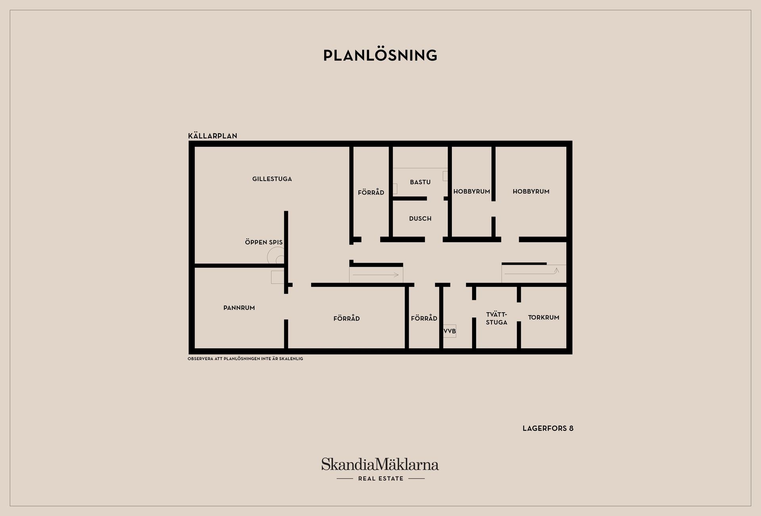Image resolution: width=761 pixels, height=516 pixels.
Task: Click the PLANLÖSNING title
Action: (x=380, y=55)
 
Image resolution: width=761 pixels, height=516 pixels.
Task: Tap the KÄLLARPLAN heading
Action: (x=212, y=136)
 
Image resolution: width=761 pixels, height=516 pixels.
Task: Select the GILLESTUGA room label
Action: (x=272, y=179)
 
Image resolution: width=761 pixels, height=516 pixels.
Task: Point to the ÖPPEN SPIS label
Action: (x=264, y=242)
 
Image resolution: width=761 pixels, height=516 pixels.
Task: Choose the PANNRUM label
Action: (x=239, y=308)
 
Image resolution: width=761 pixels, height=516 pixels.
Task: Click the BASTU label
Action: (x=420, y=182)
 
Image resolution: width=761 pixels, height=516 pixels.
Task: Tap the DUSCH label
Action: (x=420, y=218)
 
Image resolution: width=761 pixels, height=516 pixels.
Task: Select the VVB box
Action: (x=449, y=331)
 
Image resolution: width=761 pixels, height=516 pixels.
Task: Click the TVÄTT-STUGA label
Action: (x=497, y=318)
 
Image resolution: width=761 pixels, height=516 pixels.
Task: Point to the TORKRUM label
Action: (x=543, y=317)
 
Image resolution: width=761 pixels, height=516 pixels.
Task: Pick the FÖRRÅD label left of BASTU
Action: (x=371, y=192)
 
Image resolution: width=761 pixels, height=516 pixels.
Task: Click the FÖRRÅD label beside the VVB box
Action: (x=424, y=318)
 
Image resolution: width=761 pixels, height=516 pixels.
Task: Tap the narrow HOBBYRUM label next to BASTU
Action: (x=472, y=191)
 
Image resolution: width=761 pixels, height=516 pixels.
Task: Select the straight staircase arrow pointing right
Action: (x=376, y=275)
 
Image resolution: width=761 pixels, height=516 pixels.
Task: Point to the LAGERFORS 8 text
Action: (x=548, y=428)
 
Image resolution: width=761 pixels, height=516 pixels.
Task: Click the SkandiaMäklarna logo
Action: (x=380, y=464)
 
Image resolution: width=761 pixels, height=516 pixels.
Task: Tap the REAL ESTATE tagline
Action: (x=380, y=478)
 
